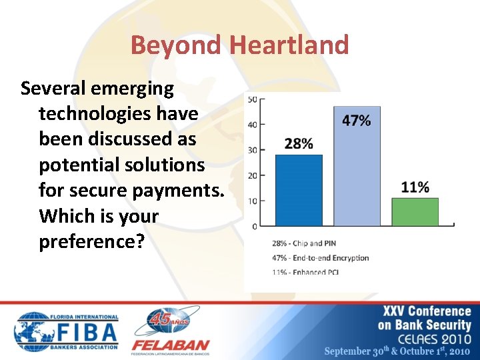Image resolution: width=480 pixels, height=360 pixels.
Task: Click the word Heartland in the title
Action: pyautogui.click(x=289, y=45)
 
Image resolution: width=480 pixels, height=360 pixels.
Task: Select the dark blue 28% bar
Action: pyautogui.click(x=298, y=191)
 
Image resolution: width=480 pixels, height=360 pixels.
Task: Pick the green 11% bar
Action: pyautogui.click(x=415, y=212)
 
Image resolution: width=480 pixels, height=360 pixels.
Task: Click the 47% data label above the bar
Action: pyautogui.click(x=356, y=121)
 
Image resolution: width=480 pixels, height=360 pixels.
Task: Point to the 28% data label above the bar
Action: pyautogui.click(x=298, y=144)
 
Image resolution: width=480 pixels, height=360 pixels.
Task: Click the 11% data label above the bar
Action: pyautogui.click(x=415, y=187)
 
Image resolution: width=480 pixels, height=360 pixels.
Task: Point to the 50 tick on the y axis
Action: pyautogui.click(x=253, y=99)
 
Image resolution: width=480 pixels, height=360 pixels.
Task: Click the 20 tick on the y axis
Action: pyautogui.click(x=253, y=176)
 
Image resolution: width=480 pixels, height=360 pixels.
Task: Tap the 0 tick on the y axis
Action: pyautogui.click(x=255, y=227)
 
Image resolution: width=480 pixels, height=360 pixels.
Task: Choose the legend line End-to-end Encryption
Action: pyautogui.click(x=320, y=257)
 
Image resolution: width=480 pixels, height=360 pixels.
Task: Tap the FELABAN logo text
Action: pyautogui.click(x=170, y=346)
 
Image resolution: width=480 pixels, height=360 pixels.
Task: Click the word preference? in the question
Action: pyautogui.click(x=91, y=241)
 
